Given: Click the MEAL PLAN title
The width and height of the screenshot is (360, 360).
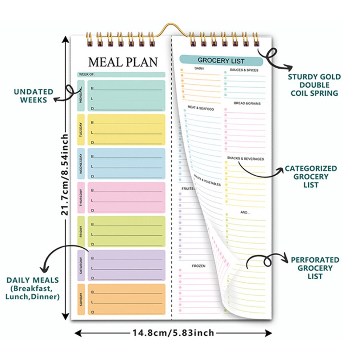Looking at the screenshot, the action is click(x=123, y=62).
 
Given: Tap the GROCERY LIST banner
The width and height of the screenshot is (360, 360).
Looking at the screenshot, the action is click(x=221, y=61).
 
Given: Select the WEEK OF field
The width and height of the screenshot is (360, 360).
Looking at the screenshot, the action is click(x=121, y=75).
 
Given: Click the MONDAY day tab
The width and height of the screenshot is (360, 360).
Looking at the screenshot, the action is click(x=81, y=96).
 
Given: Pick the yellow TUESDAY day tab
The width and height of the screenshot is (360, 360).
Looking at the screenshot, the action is click(x=81, y=130).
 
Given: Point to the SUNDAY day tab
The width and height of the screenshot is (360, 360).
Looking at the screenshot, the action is click(x=81, y=299).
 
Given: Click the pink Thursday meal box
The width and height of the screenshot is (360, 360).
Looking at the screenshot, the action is click(x=126, y=198).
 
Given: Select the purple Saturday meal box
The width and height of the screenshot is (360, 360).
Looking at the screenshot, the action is click(x=126, y=265).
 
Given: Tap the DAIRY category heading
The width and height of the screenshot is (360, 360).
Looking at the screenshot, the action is click(x=199, y=68).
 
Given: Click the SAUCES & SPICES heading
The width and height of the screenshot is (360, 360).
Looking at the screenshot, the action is click(x=244, y=70).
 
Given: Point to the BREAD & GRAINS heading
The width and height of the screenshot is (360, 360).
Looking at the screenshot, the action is click(x=247, y=103).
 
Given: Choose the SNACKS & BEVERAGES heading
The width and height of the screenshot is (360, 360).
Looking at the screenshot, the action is click(x=245, y=159).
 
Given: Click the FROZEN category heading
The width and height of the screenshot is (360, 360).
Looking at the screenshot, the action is click(x=199, y=266).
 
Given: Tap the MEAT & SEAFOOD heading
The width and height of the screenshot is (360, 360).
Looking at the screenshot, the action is click(x=201, y=108).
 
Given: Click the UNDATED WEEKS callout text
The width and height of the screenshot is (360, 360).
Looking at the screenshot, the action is click(x=33, y=96).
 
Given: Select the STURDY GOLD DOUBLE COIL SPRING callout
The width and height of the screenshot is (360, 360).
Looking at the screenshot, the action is click(x=314, y=85).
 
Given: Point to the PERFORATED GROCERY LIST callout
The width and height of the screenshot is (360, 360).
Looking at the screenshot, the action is click(x=315, y=268).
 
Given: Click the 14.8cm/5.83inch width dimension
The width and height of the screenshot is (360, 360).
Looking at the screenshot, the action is click(x=173, y=333).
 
